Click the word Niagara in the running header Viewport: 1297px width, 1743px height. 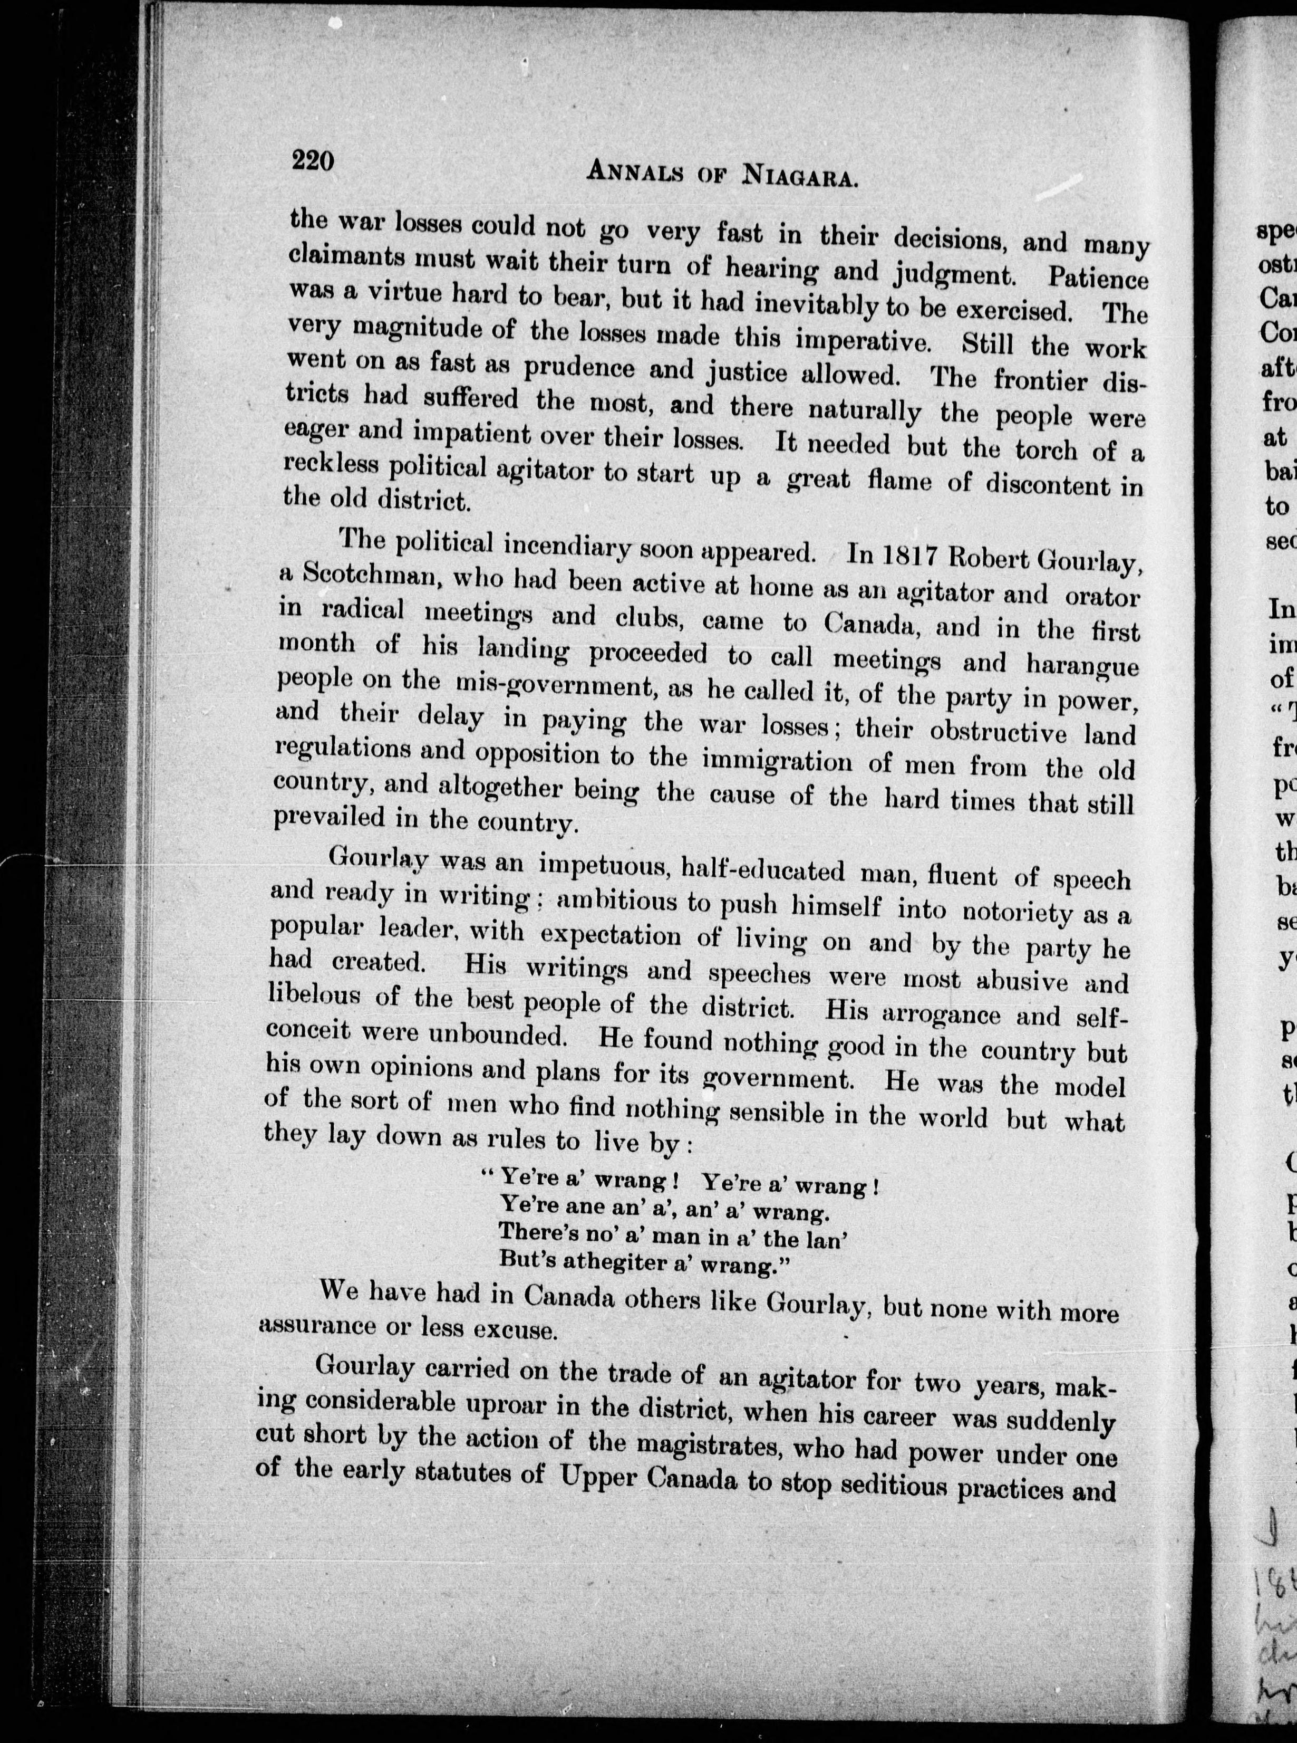click(x=798, y=177)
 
